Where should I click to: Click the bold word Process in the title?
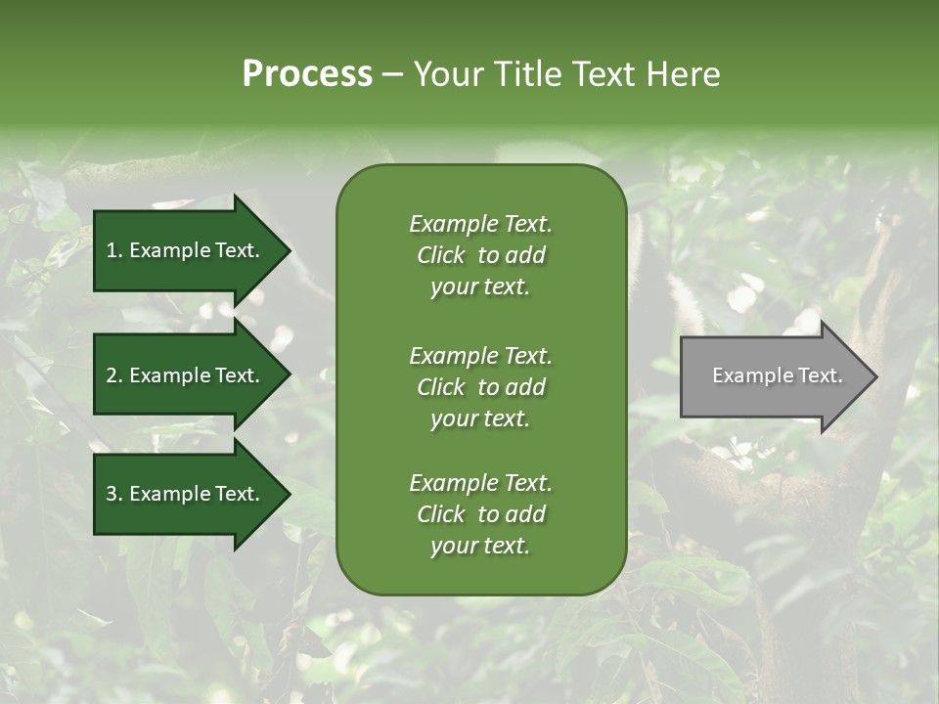[307, 74]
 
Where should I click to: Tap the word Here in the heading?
[681, 74]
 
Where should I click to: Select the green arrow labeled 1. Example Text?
[186, 250]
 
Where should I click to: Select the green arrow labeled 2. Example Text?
[186, 375]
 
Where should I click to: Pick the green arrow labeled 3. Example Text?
[186, 494]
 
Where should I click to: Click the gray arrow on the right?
[773, 376]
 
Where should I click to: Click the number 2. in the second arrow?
[114, 375]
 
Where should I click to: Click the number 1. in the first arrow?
[114, 250]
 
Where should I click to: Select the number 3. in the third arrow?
[114, 494]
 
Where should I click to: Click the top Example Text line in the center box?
[480, 224]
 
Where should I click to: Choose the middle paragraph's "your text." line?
[480, 418]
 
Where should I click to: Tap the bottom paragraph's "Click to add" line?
[480, 514]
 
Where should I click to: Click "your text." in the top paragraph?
[480, 287]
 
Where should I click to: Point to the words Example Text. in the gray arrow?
[777, 375]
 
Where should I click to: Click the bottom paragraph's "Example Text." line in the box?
[480, 483]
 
